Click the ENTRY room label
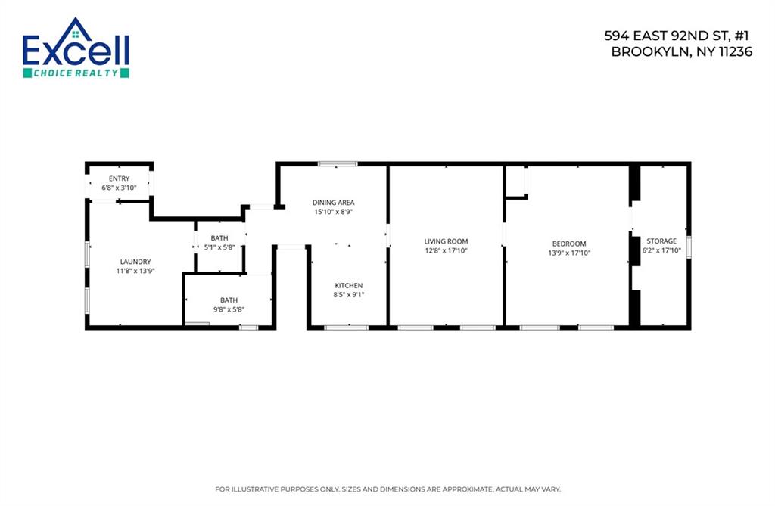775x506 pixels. [119, 178]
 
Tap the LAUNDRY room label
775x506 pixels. [135, 262]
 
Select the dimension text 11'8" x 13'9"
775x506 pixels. [135, 271]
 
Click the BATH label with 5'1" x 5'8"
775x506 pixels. [219, 238]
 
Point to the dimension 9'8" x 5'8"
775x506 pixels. [228, 309]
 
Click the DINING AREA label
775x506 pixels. [333, 203]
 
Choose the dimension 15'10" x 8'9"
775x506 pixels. [333, 212]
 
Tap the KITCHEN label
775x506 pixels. [349, 285]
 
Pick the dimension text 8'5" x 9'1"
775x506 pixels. [349, 294]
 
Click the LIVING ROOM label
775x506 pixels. [446, 241]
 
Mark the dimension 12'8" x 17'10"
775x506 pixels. [446, 250]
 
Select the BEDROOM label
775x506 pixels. [568, 244]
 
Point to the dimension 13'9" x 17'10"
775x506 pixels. [568, 253]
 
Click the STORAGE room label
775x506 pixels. [661, 241]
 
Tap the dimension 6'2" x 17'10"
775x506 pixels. [661, 250]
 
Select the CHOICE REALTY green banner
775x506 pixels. [76, 73]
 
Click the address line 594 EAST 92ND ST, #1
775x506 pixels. [677, 36]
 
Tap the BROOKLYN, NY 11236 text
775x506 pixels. [681, 52]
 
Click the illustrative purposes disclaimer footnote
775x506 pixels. [387, 489]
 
